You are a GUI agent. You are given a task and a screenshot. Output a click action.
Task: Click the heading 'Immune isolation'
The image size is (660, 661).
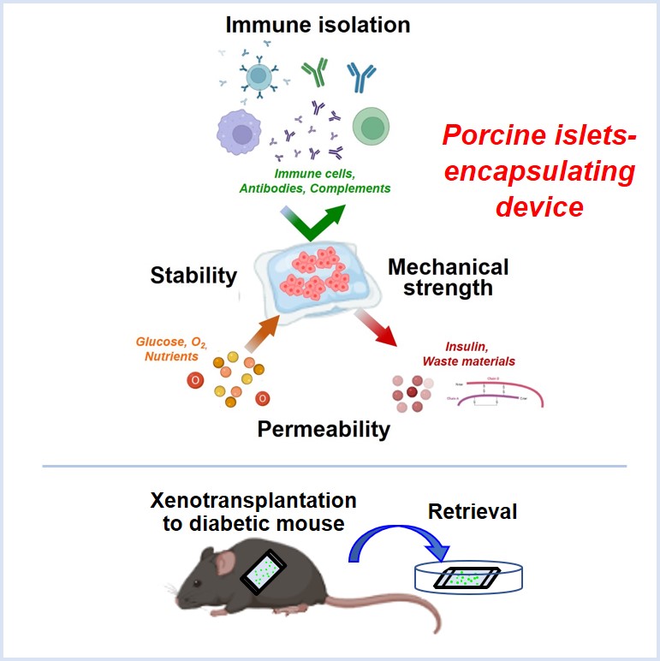pos(318,25)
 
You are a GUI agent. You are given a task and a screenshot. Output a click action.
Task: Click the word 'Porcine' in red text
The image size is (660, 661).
pos(491,136)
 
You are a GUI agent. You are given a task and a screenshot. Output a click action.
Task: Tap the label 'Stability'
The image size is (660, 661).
pos(193,275)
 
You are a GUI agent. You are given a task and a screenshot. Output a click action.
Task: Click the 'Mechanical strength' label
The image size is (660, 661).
pos(448,277)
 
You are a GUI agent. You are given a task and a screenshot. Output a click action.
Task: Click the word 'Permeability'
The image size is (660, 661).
pos(324,428)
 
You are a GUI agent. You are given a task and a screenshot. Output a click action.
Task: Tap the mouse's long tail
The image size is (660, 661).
pos(402,613)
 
